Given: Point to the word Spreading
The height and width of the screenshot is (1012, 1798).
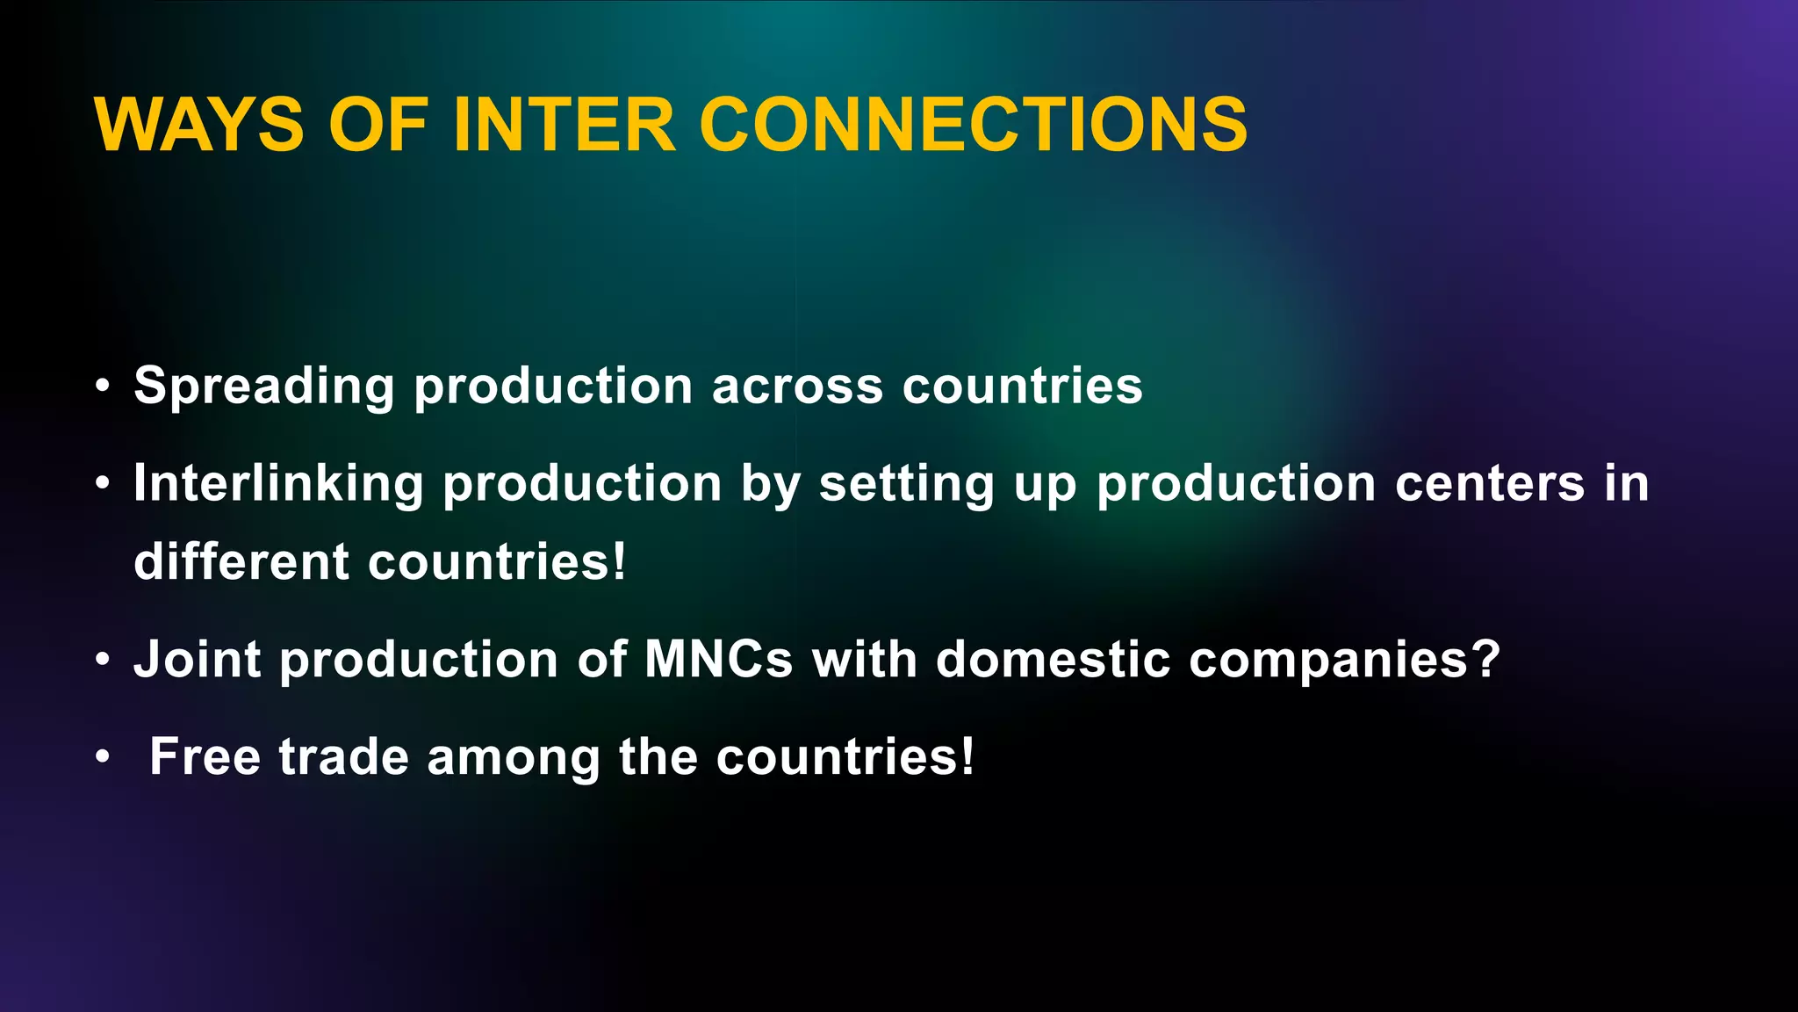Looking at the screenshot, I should tap(264, 387).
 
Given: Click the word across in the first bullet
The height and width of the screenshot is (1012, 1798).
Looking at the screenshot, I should tap(797, 387).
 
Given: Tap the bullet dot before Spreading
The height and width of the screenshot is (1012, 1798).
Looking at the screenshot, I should tap(104, 386).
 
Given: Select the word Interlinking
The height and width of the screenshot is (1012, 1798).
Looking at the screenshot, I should tap(278, 484).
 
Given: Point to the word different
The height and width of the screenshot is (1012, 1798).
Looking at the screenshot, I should tap(241, 561).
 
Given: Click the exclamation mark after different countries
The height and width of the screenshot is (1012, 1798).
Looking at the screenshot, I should tap(620, 561).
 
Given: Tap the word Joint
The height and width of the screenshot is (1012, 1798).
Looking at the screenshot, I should tap(198, 660).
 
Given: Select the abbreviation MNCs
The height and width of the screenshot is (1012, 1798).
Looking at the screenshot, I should tap(719, 660).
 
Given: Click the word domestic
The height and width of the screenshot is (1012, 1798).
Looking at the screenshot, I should tap(1053, 660).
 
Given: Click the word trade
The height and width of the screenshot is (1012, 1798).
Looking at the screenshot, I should tap(343, 756).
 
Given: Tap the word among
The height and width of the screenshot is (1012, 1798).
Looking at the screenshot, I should tap(514, 758).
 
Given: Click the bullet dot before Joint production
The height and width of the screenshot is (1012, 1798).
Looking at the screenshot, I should tap(104, 660).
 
